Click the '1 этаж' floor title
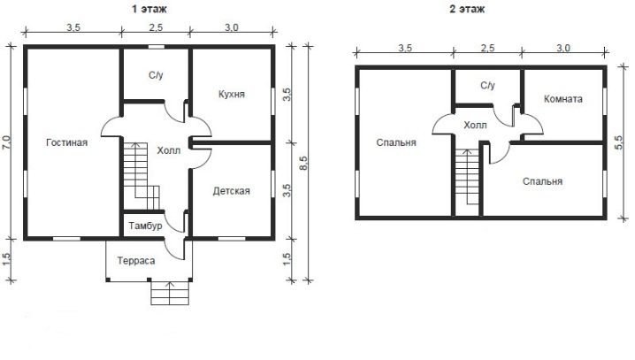pos(149,9)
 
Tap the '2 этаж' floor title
pos(467,9)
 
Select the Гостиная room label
pos(67,142)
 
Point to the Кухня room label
pos(232,95)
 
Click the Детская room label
pos(231,191)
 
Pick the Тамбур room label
pos(145,226)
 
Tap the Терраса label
pos(136,260)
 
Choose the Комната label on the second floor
pos(562,99)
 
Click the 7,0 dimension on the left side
pos(7,143)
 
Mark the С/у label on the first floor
pos(156,75)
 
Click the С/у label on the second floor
pos(487,86)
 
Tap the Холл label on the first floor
pos(168,150)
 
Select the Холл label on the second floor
pos(476,125)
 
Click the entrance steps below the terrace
pos(170,293)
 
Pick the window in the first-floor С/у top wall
pos(157,47)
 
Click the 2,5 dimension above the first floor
pos(156,27)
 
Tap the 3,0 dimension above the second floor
pos(562,48)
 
